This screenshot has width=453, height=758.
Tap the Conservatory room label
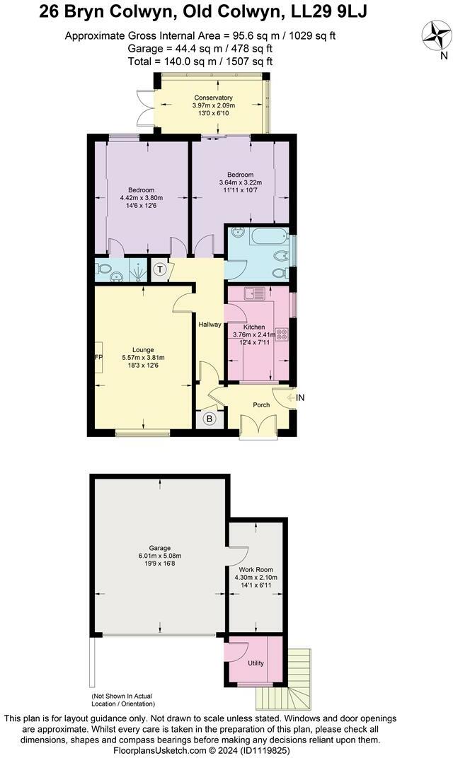click(212, 98)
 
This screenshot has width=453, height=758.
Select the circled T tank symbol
click(160, 269)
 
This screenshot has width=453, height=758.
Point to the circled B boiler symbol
click(209, 418)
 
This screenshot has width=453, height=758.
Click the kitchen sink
click(254, 292)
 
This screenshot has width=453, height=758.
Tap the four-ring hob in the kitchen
click(281, 334)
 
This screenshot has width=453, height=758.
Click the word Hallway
click(210, 325)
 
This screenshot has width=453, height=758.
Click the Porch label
click(262, 405)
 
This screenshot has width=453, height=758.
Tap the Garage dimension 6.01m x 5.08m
click(159, 555)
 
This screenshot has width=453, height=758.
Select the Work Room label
click(256, 569)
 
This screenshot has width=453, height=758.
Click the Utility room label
click(256, 663)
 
